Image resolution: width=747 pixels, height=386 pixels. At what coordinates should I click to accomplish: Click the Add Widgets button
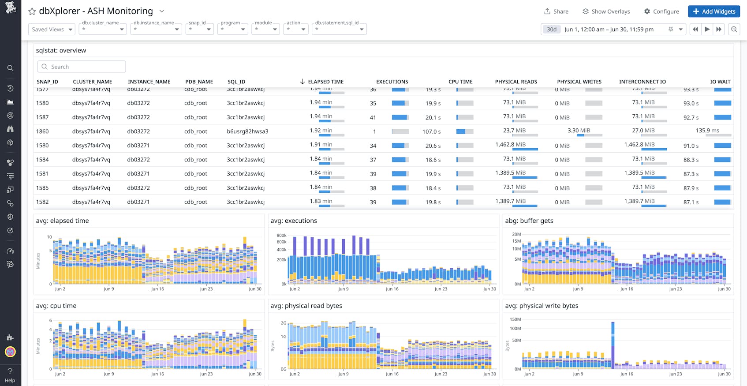tap(713, 11)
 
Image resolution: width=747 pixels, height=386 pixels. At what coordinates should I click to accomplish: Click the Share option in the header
tap(556, 11)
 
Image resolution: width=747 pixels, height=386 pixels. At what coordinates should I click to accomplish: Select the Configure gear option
tap(661, 11)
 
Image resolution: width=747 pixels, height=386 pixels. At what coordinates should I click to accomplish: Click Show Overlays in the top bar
tap(606, 11)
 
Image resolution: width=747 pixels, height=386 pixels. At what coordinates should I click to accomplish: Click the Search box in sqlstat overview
tap(82, 67)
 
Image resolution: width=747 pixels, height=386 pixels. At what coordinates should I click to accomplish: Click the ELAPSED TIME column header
tap(325, 82)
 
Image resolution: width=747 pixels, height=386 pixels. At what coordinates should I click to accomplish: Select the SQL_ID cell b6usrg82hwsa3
tap(247, 131)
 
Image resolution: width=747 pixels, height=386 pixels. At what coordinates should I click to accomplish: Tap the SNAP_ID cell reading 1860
tap(42, 131)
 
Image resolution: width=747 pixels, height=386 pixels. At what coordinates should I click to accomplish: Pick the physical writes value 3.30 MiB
tap(579, 131)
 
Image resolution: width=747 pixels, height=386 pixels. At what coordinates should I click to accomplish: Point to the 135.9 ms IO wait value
tap(707, 131)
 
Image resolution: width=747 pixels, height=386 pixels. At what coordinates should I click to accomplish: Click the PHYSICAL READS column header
tap(515, 82)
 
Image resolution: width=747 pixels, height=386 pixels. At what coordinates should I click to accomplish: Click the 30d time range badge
tap(552, 30)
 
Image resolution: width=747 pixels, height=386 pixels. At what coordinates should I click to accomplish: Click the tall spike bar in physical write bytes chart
tap(613, 344)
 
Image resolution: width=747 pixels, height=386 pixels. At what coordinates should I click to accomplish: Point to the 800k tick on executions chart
tap(281, 236)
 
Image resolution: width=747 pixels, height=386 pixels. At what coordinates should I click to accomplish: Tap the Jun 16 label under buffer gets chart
tap(626, 289)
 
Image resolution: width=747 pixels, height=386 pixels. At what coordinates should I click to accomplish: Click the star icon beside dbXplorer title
tap(32, 11)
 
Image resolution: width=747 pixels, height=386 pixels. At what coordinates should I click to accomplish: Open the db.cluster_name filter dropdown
tap(103, 30)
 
